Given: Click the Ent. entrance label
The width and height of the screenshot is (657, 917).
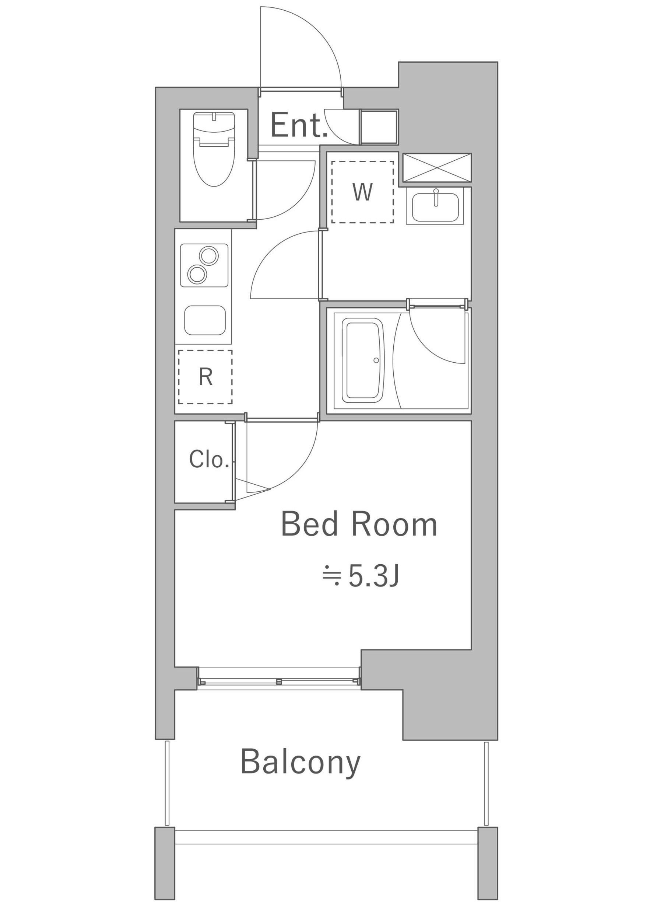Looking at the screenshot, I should (x=298, y=125).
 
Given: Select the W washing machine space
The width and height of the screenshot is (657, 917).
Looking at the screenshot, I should (x=362, y=192).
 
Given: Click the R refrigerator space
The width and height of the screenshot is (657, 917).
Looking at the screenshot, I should (x=205, y=377).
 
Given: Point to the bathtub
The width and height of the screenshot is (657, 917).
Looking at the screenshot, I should (x=362, y=360).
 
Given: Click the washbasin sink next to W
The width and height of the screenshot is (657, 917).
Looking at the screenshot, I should (x=435, y=207).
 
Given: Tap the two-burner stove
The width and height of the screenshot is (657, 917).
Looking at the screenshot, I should (x=204, y=265).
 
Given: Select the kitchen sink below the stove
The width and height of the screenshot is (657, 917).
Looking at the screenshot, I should (x=204, y=320).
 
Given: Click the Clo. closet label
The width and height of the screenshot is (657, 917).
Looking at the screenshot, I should (x=208, y=459).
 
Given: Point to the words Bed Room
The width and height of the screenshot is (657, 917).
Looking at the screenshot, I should (x=359, y=524).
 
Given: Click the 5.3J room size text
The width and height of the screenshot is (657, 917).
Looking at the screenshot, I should (x=361, y=577).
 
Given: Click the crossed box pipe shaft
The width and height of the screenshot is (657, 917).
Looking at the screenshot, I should (x=437, y=168).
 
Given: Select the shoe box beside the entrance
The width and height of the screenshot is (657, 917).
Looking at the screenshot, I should (x=379, y=127).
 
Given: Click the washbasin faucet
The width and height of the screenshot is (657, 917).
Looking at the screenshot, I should (x=436, y=197).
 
